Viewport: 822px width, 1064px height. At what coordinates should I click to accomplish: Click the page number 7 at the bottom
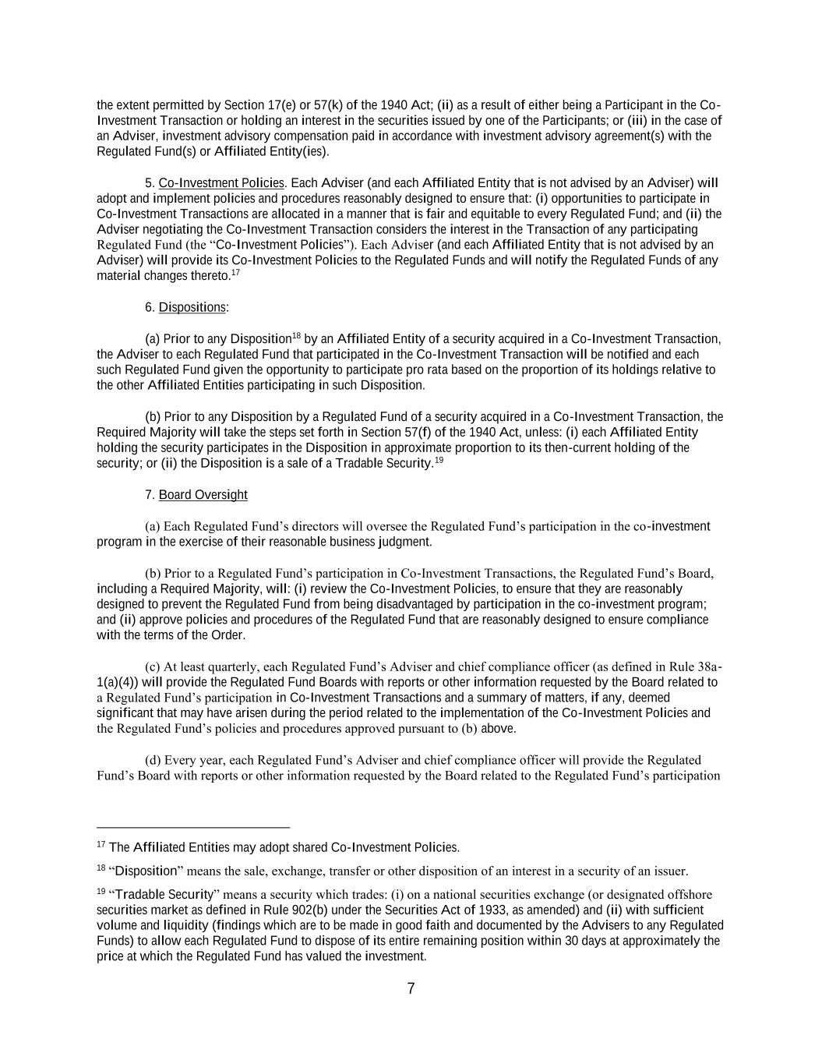[411, 988]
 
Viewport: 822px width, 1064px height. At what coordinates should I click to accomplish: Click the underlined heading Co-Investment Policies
[221, 183]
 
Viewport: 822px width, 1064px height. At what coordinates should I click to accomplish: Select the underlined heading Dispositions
[192, 308]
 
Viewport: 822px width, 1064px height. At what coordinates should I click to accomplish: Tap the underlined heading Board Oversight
[203, 495]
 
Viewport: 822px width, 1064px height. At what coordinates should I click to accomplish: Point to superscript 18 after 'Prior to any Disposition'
[296, 336]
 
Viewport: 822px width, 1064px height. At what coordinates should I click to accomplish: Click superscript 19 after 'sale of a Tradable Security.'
[439, 460]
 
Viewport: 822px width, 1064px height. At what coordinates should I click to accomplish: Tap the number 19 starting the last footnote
[101, 892]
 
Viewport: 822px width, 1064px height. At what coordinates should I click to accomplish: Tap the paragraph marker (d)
[153, 760]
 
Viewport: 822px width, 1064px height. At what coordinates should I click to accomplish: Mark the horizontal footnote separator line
[193, 827]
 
